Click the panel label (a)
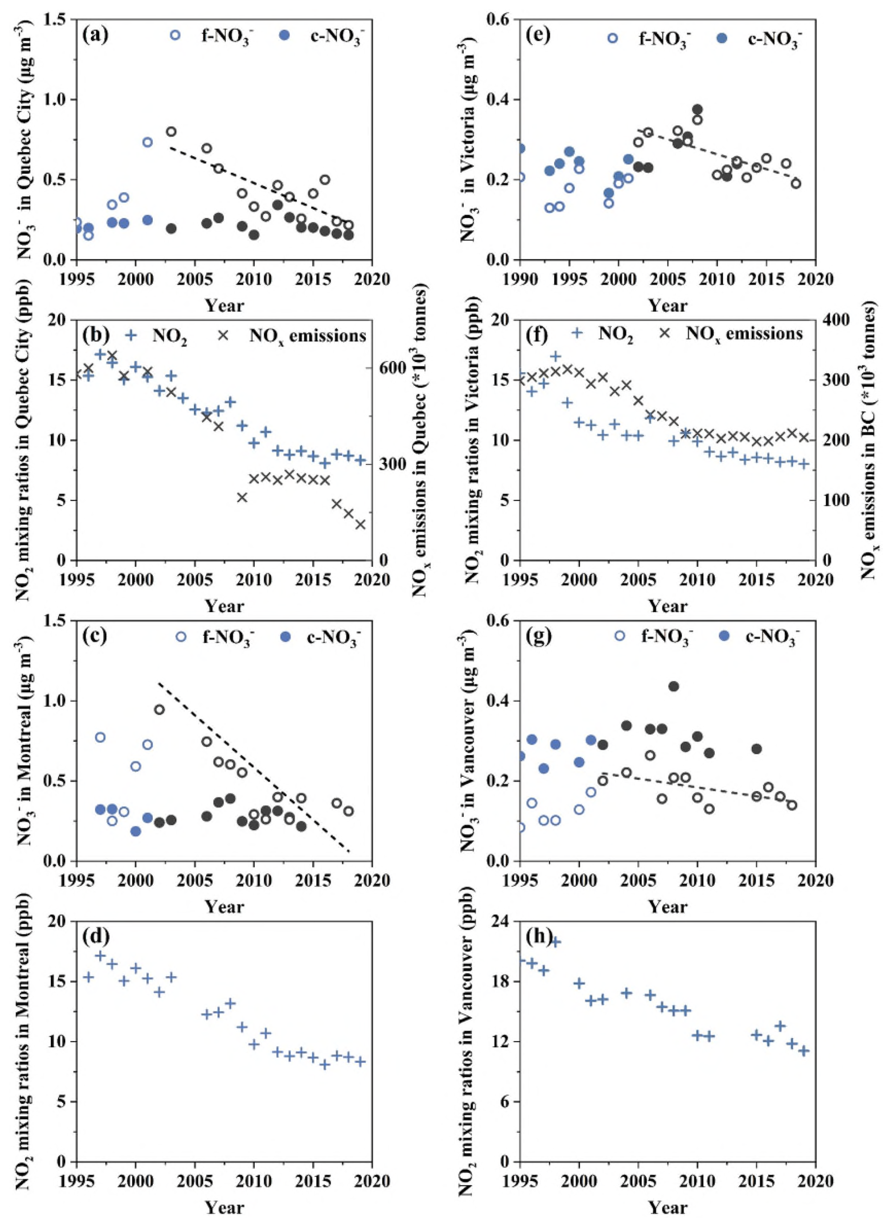(x=95, y=34)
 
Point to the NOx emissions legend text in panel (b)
(x=307, y=336)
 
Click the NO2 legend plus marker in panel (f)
(x=578, y=333)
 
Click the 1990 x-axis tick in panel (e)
(x=520, y=279)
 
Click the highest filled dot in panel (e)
(x=697, y=109)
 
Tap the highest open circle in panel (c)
(x=159, y=709)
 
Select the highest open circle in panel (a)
(x=171, y=132)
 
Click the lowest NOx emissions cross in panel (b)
(x=360, y=524)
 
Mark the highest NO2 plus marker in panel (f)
(x=555, y=356)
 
